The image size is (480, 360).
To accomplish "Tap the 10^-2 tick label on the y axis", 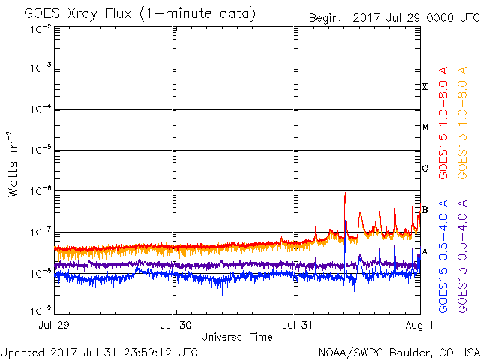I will [x=41, y=28].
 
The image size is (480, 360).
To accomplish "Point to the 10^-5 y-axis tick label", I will [x=41, y=150].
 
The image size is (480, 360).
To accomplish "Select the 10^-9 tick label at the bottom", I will [x=41, y=309].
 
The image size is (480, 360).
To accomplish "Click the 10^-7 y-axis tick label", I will [x=41, y=232].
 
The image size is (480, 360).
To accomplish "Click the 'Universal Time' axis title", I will [x=236, y=337].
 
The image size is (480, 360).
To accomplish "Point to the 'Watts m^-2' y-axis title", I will [x=13, y=163].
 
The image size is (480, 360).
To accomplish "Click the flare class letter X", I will [x=424, y=87].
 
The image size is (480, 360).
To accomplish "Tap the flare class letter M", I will [x=424, y=127].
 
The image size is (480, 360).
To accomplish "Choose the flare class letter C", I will [x=424, y=168].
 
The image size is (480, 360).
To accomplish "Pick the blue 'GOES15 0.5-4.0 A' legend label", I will [x=444, y=256].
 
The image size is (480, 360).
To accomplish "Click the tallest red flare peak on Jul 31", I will [x=345, y=193].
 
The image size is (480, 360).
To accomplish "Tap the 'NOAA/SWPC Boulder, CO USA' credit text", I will [x=398, y=352].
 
